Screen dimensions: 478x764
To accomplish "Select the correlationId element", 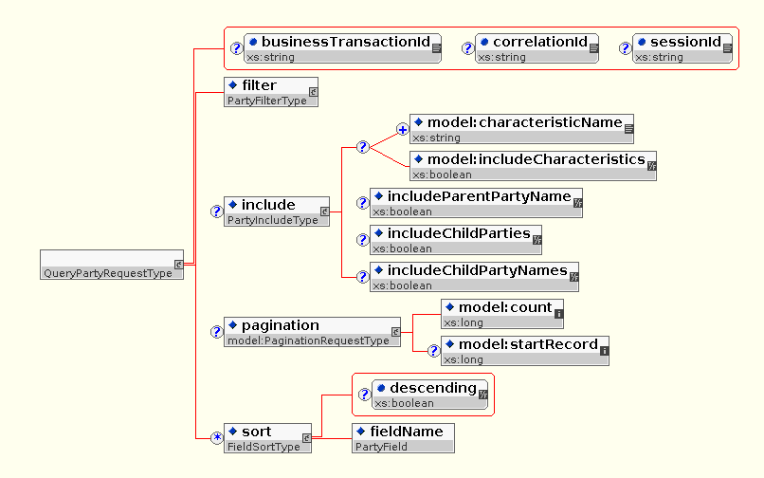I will [x=537, y=48].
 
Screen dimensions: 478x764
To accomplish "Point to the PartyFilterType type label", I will [x=267, y=101].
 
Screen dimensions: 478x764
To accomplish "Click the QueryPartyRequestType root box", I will [x=113, y=266].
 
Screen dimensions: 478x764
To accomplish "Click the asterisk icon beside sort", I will [x=216, y=437].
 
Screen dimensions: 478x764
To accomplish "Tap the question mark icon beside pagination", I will [x=216, y=332].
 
